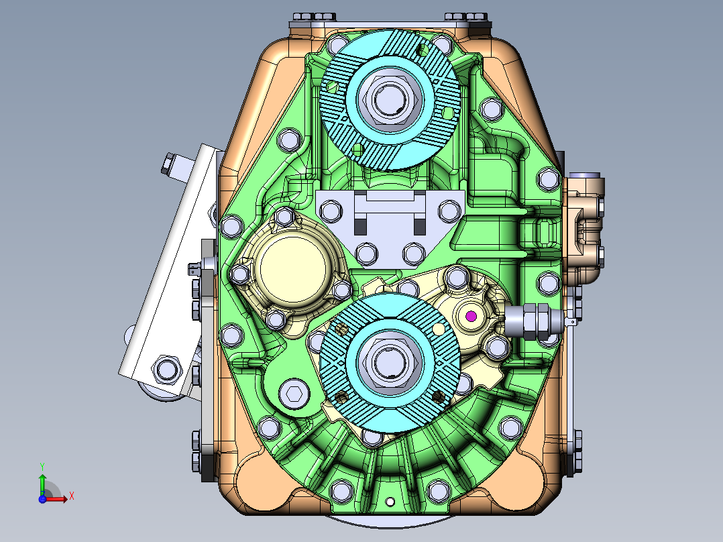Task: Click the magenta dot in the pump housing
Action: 470,316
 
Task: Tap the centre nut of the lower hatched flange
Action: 390,362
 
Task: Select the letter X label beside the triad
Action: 71,496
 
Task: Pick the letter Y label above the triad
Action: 42,465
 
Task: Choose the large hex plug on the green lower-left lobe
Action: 293,394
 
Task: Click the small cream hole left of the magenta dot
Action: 439,328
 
